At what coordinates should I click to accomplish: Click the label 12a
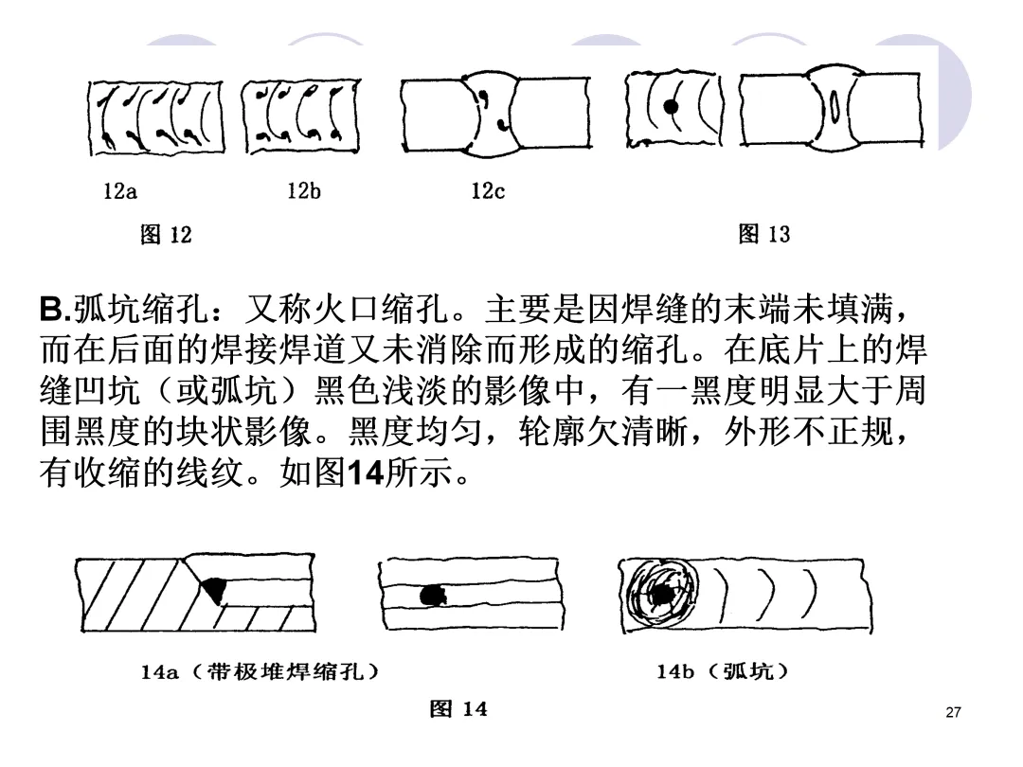point(119,191)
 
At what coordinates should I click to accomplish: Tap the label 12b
point(304,191)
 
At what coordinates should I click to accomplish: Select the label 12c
point(488,191)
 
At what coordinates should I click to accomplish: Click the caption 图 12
point(166,234)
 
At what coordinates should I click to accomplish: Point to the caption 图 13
point(763,234)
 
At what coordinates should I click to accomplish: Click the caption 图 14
point(458,708)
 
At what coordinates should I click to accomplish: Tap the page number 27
point(954,712)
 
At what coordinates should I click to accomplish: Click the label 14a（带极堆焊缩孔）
point(260,672)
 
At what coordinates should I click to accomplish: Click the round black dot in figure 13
point(672,107)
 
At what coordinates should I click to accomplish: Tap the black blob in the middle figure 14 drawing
point(433,595)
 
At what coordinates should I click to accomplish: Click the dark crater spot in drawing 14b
point(659,595)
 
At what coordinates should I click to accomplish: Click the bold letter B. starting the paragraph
point(53,310)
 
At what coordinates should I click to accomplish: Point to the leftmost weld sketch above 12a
point(156,116)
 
